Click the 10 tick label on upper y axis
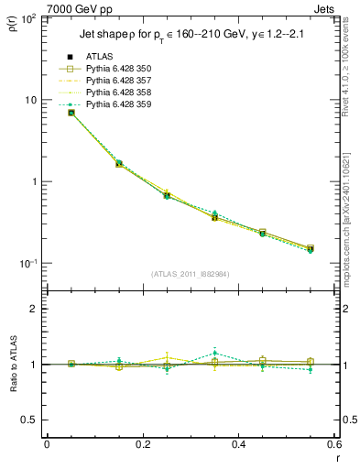pos(30,100)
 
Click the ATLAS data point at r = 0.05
pos(71,113)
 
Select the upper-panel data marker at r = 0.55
pos(311,248)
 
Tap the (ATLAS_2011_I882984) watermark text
pos(191,274)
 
